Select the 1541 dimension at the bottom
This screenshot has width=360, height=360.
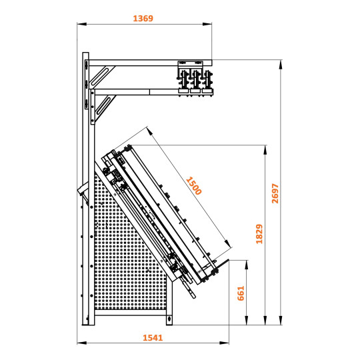(x=153, y=337)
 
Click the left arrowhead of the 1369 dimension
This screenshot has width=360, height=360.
(x=79, y=25)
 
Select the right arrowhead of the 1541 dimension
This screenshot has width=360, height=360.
(x=225, y=343)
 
